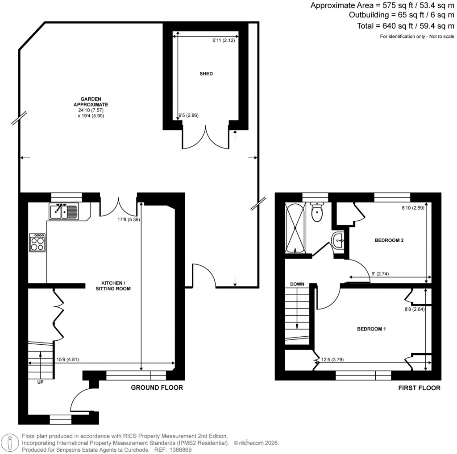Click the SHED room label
(206, 74)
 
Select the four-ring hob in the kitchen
(37, 243)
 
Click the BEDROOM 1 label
(371, 329)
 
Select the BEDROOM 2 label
(389, 240)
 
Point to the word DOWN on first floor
(297, 284)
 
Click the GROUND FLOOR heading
(157, 388)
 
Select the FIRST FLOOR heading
(419, 388)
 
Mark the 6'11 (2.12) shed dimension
(224, 41)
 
